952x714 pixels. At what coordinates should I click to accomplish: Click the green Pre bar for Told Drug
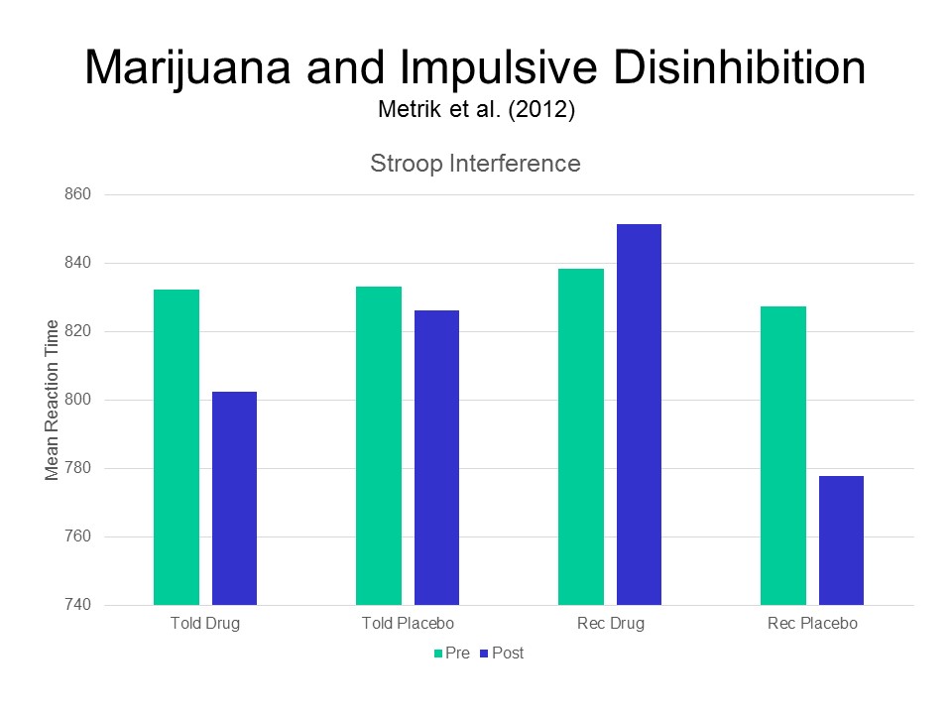pyautogui.click(x=177, y=446)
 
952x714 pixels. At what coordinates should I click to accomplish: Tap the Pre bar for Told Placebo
pyautogui.click(x=379, y=445)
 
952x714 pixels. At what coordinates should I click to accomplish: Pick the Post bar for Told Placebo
pyautogui.click(x=437, y=457)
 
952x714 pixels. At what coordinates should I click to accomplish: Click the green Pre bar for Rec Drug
pyautogui.click(x=581, y=436)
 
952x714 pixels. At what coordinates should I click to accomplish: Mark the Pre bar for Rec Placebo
pyautogui.click(x=783, y=455)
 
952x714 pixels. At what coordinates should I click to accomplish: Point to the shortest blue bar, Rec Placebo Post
pyautogui.click(x=842, y=540)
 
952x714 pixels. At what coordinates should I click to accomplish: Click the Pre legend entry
pyautogui.click(x=450, y=654)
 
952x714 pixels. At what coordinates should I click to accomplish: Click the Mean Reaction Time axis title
pyautogui.click(x=53, y=401)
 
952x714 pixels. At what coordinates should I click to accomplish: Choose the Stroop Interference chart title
pyautogui.click(x=475, y=164)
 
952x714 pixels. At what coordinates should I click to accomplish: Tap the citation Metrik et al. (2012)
pyautogui.click(x=476, y=109)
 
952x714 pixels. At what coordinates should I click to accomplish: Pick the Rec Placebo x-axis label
pyautogui.click(x=812, y=624)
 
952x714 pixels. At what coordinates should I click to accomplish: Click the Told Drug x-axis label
pyautogui.click(x=205, y=624)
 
